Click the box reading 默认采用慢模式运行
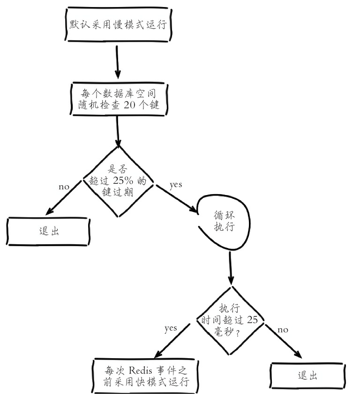click(x=118, y=24)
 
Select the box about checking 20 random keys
click(x=119, y=99)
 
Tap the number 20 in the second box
click(x=129, y=105)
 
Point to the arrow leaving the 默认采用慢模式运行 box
click(x=117, y=62)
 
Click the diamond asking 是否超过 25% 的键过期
click(x=118, y=181)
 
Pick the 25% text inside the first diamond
click(x=123, y=181)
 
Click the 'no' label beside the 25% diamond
click(x=64, y=187)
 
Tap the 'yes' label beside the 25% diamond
click(x=176, y=184)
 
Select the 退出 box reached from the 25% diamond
click(x=48, y=231)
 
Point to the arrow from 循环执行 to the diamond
click(x=231, y=268)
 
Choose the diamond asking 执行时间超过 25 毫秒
click(x=230, y=320)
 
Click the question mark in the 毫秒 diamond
click(x=238, y=332)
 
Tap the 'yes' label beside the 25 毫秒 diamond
click(x=171, y=328)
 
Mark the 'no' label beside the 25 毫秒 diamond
click(x=283, y=330)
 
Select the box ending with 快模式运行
click(x=145, y=376)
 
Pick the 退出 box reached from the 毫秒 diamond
click(x=307, y=376)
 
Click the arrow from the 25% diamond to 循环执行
click(x=177, y=199)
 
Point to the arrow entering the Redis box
click(x=172, y=340)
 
